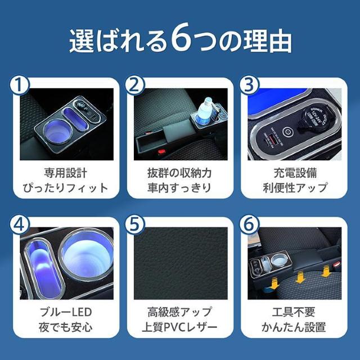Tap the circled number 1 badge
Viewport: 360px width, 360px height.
coord(20,85)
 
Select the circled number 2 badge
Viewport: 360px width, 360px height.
coord(134,85)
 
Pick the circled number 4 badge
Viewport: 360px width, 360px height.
coord(20,225)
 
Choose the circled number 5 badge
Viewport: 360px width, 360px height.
coord(134,225)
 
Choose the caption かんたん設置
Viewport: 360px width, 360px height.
coord(294,327)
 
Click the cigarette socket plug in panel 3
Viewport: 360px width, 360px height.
coord(321,121)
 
